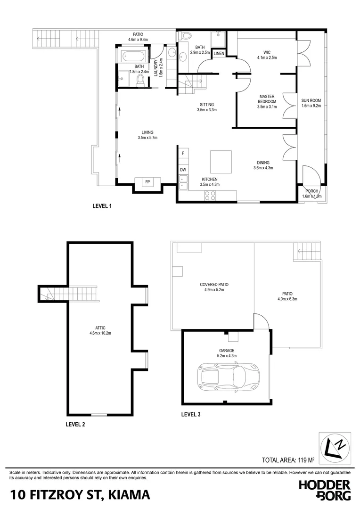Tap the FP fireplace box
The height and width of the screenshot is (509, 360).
coord(147,182)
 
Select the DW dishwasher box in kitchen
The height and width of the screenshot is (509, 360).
coord(183,170)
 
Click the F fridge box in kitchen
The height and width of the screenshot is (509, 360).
coord(183,153)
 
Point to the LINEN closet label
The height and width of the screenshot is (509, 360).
coord(219,54)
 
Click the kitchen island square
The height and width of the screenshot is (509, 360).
coord(221,162)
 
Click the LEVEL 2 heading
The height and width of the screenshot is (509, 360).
coord(75,424)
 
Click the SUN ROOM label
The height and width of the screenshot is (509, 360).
coord(311,103)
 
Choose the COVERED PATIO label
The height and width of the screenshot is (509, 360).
coord(212,287)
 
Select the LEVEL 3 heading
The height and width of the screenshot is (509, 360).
coord(191,415)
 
